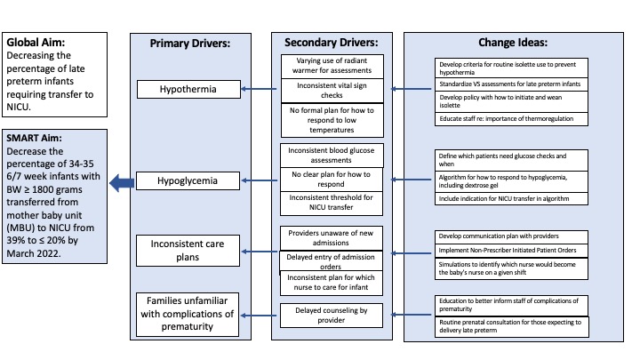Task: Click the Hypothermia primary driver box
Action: tap(188, 89)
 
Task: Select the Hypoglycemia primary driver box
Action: tap(188, 180)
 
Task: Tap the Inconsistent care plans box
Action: tap(188, 251)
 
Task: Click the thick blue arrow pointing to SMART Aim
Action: tap(122, 183)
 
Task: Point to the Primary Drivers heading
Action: tap(190, 44)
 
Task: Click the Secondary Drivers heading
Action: tap(331, 43)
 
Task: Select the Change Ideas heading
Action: tap(513, 43)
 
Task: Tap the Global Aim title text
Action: tap(36, 42)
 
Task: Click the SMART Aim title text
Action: tap(35, 138)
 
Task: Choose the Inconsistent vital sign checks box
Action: tap(332, 90)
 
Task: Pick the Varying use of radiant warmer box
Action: tap(332, 66)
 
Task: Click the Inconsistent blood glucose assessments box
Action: tap(332, 155)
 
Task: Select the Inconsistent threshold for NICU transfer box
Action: tap(332, 203)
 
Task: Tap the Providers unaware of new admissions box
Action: tap(331, 238)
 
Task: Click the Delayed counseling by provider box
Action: tap(332, 315)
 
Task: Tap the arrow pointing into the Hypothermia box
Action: tap(259, 89)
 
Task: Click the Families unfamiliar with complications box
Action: tap(188, 315)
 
